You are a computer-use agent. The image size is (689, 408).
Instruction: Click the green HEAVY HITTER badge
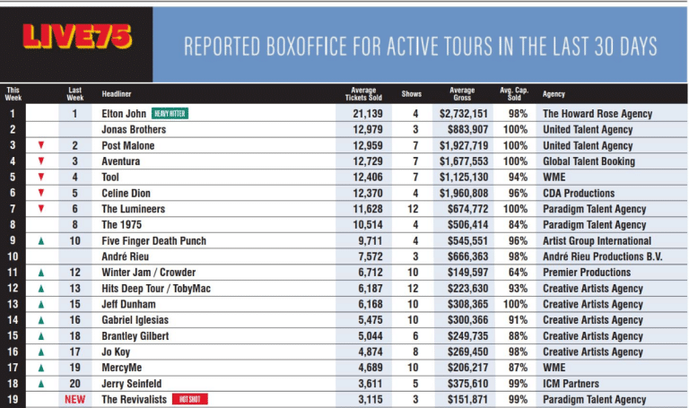pos(171,114)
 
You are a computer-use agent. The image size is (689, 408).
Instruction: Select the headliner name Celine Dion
pos(126,193)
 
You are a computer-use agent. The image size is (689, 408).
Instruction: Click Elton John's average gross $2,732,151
pos(463,114)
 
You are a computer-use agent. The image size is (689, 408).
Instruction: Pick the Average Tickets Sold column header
pos(364,93)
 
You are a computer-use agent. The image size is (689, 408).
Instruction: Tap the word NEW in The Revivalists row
pos(75,400)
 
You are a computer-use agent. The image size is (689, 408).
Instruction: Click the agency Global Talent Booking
pos(588,161)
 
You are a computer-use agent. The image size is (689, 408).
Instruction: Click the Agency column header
pos(554,93)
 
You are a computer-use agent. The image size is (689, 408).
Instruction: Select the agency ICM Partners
pos(571,384)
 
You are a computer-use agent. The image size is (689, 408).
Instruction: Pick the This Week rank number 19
pos(13,400)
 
